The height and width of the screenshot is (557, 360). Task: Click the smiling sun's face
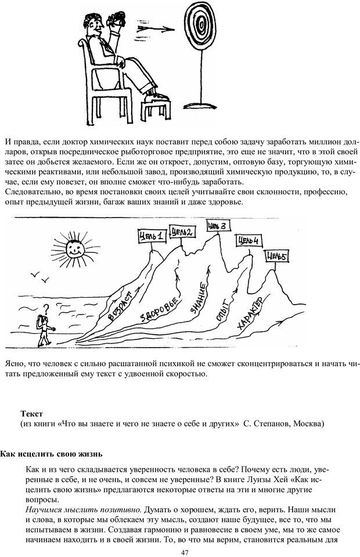(x=73, y=249)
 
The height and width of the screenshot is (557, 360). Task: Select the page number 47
(x=185, y=551)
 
